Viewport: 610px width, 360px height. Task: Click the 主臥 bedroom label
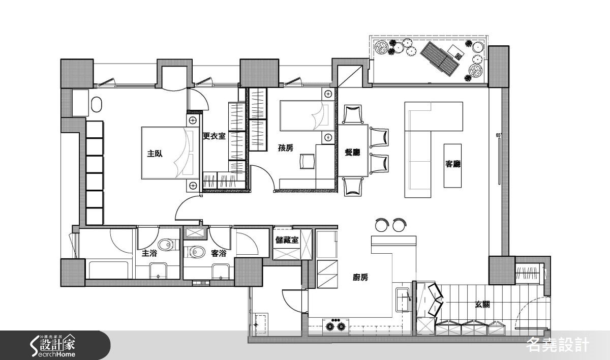click(155, 154)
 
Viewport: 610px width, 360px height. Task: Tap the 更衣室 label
click(215, 136)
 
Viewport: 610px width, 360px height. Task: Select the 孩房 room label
click(286, 148)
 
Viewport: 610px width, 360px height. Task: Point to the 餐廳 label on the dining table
click(352, 153)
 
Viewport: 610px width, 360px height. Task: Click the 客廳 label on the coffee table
click(452, 164)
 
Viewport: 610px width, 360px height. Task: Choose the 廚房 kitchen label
click(360, 278)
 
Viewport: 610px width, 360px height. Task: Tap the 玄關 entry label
click(482, 305)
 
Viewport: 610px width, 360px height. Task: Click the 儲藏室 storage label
click(287, 240)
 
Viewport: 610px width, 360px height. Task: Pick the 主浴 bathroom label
click(149, 253)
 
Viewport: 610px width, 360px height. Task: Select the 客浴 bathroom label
click(219, 253)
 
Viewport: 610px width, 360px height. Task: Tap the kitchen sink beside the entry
click(403, 300)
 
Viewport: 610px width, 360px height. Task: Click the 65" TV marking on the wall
click(499, 135)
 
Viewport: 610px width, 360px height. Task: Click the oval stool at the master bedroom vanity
click(97, 104)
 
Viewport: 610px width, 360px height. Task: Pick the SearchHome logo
click(53, 345)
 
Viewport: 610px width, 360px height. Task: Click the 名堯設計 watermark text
click(558, 345)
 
